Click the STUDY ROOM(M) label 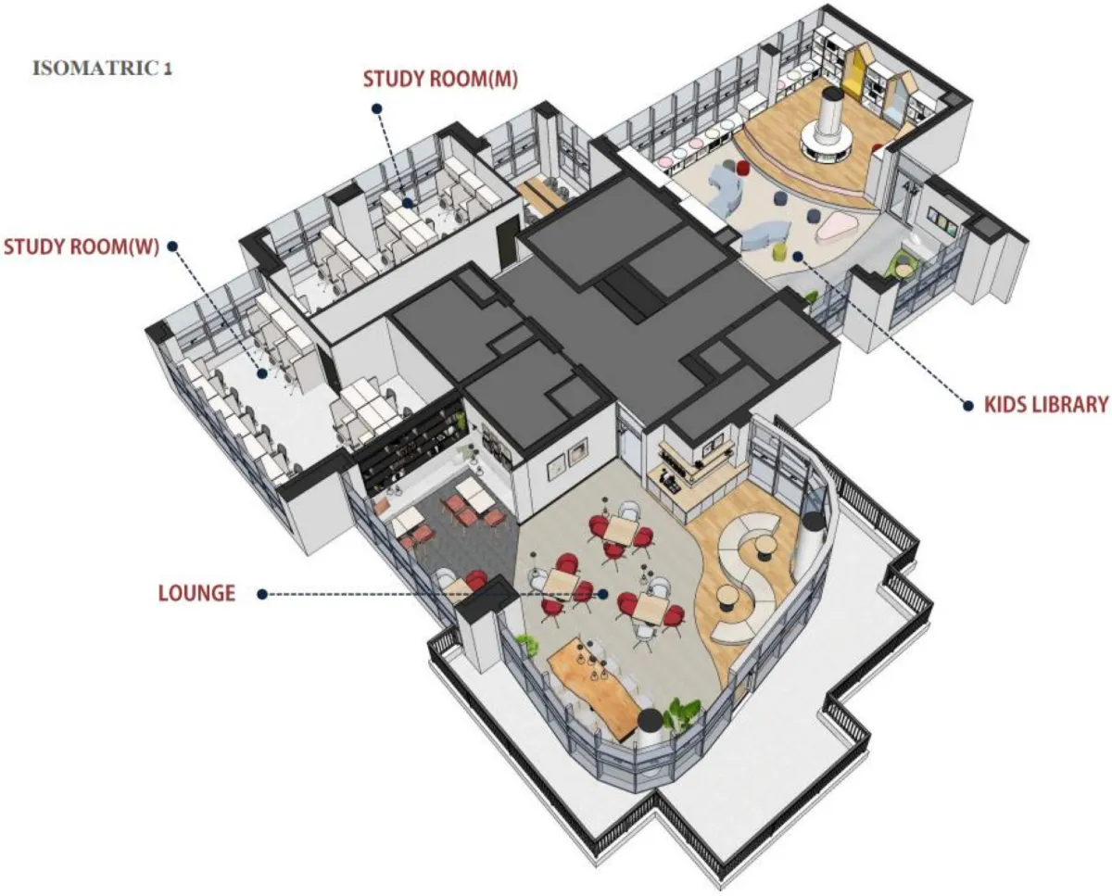[x=440, y=79]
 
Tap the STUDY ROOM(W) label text [x=82, y=247]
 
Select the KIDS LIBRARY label [x=1046, y=405]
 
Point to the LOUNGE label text [x=196, y=593]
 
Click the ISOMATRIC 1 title [x=102, y=69]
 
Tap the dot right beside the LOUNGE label [x=262, y=595]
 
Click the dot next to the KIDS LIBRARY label [x=968, y=406]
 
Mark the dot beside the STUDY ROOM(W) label [x=173, y=246]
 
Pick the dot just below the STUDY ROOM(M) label [x=378, y=108]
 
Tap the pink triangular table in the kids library [x=837, y=226]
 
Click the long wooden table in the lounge [x=594, y=688]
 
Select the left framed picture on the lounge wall [x=557, y=469]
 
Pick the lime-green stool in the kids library [x=779, y=252]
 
